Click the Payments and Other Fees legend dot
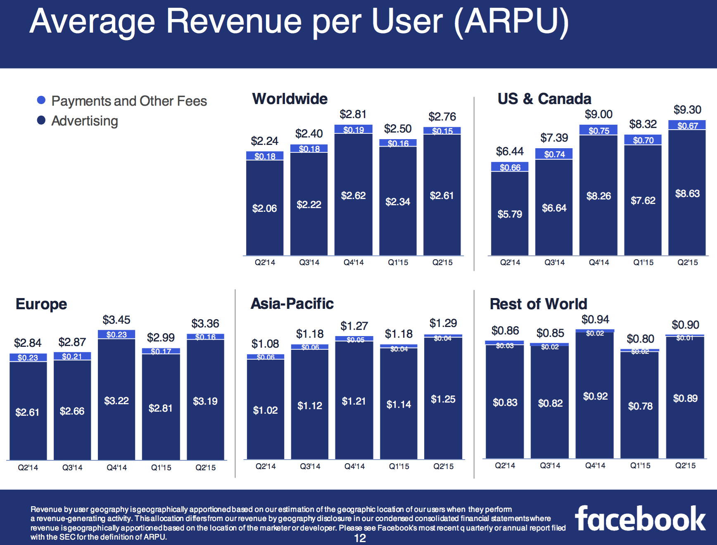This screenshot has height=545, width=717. pyautogui.click(x=41, y=100)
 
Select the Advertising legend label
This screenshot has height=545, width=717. pyautogui.click(x=85, y=121)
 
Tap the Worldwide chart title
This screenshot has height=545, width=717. pyautogui.click(x=290, y=99)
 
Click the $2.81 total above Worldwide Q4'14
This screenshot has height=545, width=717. pyautogui.click(x=353, y=114)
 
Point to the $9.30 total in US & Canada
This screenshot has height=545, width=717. pyautogui.click(x=687, y=110)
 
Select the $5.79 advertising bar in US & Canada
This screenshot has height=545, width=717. pyautogui.click(x=510, y=213)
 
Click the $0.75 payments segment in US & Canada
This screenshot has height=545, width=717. pyautogui.click(x=598, y=130)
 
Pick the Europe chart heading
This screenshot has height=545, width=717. pyautogui.click(x=41, y=304)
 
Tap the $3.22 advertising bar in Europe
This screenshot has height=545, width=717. pyautogui.click(x=116, y=399)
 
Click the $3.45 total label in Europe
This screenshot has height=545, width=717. pyautogui.click(x=116, y=320)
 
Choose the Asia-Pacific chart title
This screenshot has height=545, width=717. pyautogui.click(x=292, y=303)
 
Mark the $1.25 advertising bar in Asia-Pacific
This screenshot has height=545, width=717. pyautogui.click(x=443, y=398)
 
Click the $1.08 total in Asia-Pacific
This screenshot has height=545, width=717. pyautogui.click(x=265, y=344)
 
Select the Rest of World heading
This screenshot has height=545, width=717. pyautogui.click(x=538, y=304)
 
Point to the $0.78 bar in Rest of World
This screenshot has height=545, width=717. pyautogui.click(x=640, y=405)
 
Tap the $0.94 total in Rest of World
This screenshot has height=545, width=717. pyautogui.click(x=595, y=320)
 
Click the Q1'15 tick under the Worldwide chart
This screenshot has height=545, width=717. pyautogui.click(x=398, y=263)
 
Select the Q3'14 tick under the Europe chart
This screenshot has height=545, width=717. pyautogui.click(x=72, y=468)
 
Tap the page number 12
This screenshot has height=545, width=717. pyautogui.click(x=360, y=538)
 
